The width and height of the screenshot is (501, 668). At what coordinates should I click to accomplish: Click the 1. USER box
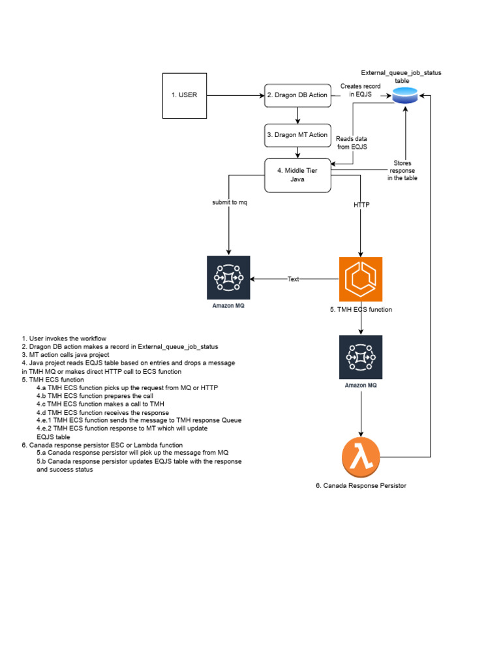(x=185, y=95)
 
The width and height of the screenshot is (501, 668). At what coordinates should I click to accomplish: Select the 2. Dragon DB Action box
(x=297, y=95)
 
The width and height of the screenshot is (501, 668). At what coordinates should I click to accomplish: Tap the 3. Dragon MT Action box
(x=297, y=135)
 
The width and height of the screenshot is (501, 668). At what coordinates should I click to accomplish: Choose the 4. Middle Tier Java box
(x=297, y=175)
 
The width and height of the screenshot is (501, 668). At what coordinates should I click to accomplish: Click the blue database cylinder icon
(x=404, y=97)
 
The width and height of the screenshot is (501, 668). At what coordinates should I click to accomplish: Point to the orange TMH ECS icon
(x=361, y=279)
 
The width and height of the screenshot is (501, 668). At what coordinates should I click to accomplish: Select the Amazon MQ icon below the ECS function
(x=361, y=357)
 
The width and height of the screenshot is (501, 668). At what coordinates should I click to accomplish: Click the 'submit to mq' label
(x=230, y=202)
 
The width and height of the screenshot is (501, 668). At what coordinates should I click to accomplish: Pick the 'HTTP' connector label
(x=361, y=205)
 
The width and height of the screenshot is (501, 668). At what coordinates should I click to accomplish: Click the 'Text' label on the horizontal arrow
(x=294, y=279)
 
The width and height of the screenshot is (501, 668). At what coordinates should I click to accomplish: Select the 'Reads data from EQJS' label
(x=352, y=143)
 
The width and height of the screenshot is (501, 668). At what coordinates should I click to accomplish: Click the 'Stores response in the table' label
(x=402, y=170)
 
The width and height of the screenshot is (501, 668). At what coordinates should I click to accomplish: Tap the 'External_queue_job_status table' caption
(x=401, y=76)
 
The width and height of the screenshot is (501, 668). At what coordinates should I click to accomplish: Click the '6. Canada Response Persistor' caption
(x=361, y=486)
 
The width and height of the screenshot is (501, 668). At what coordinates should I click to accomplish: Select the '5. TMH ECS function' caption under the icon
(x=361, y=310)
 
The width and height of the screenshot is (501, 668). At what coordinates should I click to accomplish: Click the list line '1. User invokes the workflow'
(x=64, y=339)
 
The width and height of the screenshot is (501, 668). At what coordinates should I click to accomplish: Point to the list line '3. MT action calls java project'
(x=65, y=355)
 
